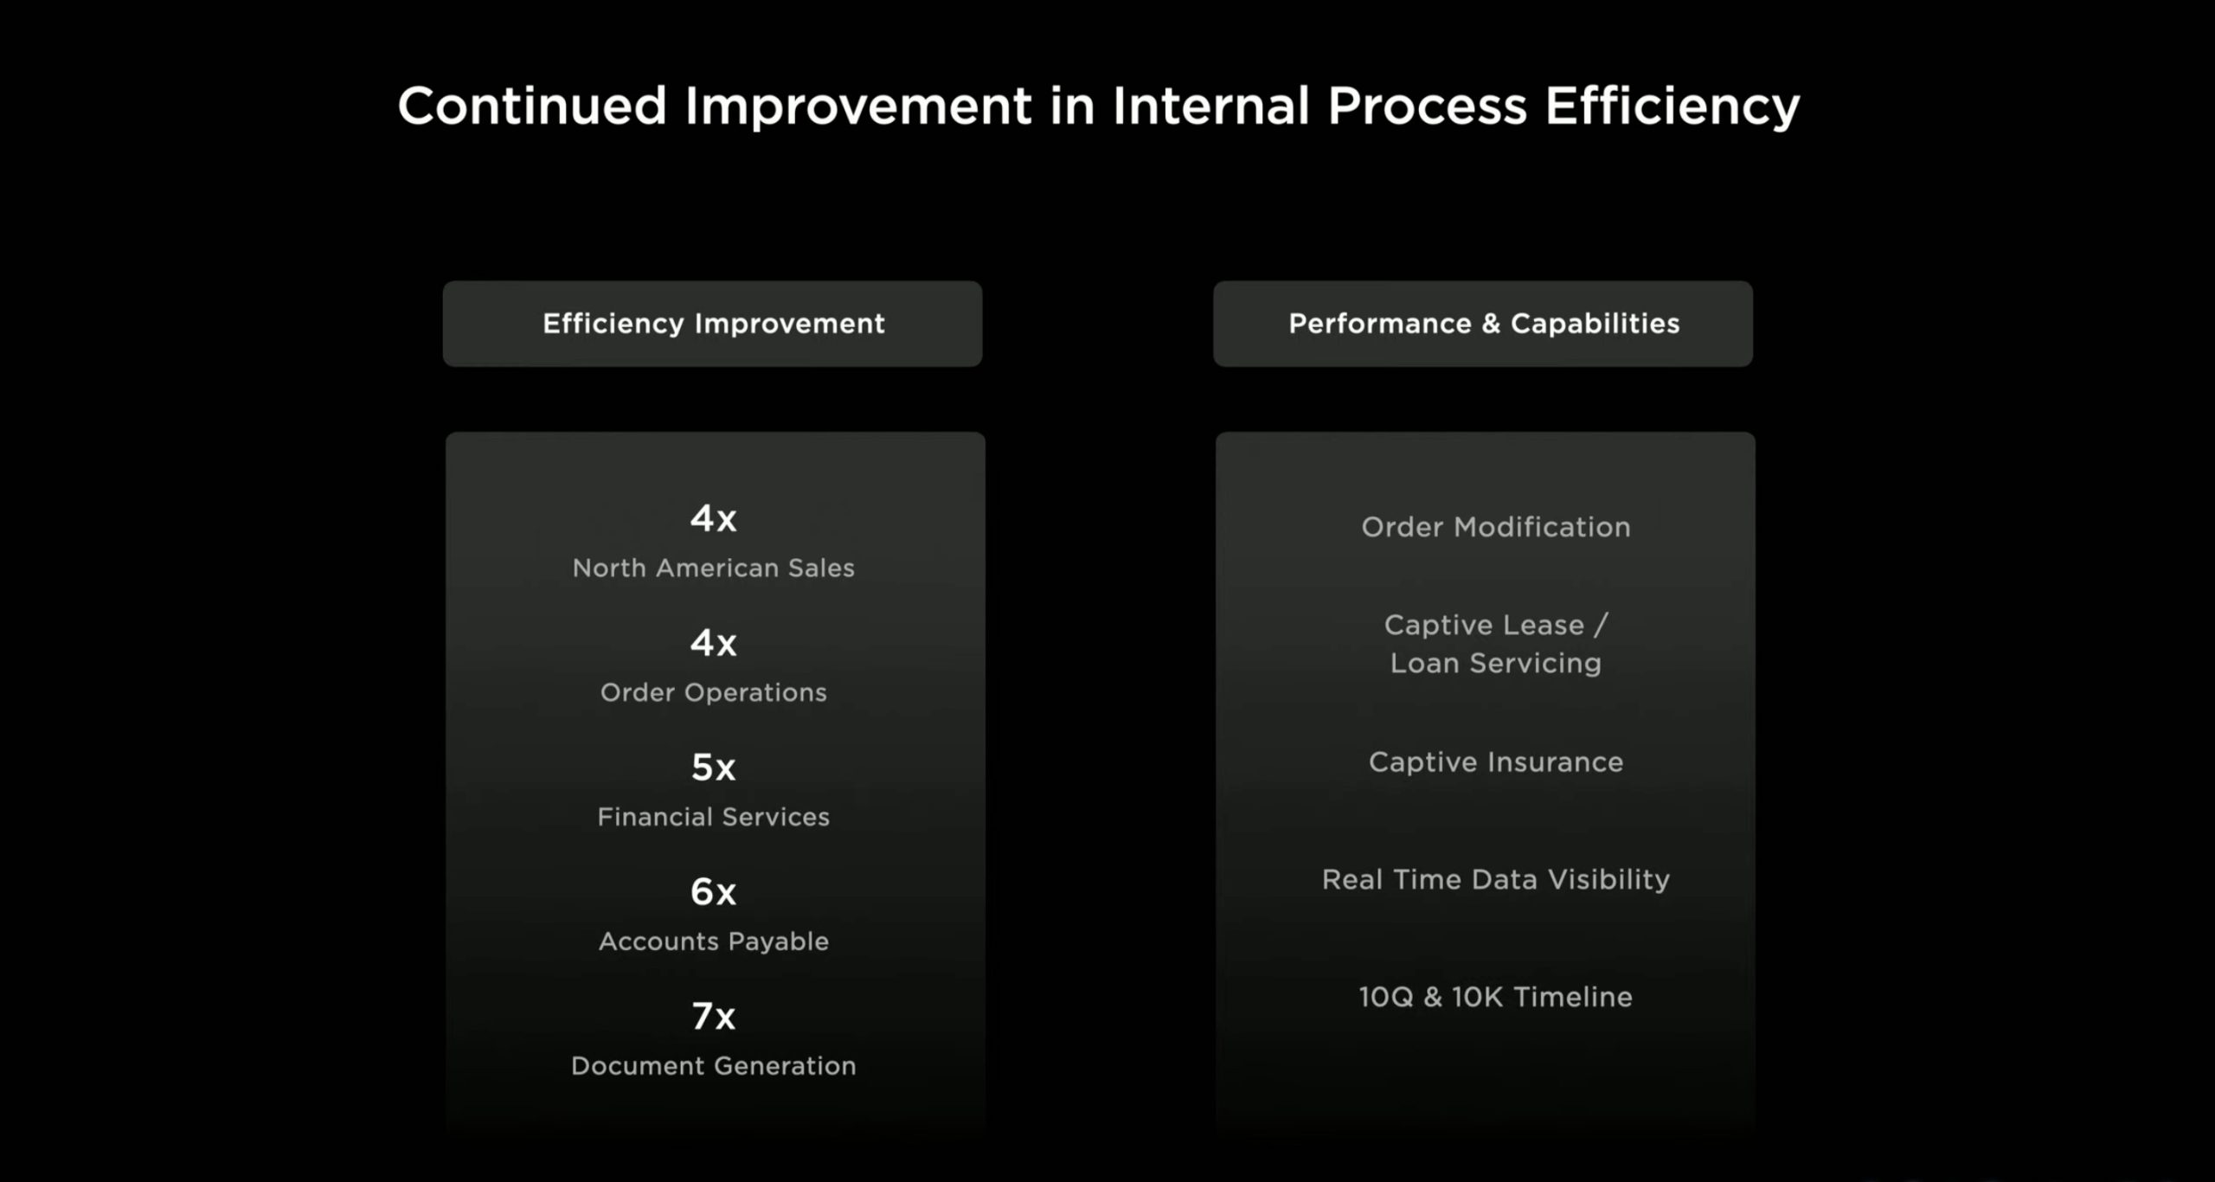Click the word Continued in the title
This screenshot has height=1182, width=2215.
coord(532,106)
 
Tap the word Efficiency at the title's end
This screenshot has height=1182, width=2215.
coord(1672,107)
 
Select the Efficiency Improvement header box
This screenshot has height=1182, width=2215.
coord(712,324)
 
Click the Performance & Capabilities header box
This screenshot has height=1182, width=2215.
coord(1483,324)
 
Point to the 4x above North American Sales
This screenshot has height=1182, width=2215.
coord(713,518)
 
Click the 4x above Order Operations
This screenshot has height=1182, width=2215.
coord(713,643)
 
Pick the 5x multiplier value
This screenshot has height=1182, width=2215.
coord(713,768)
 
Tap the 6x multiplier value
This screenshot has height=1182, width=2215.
coord(713,892)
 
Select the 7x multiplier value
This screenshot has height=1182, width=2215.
coord(713,1017)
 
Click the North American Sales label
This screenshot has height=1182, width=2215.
coord(713,568)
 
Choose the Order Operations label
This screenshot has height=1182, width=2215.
coord(713,692)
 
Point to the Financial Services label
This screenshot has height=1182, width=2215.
coord(713,817)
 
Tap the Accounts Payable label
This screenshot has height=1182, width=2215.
coord(713,941)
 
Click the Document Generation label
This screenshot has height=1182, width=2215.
coord(713,1065)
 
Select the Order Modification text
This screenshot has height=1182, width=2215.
coord(1495,527)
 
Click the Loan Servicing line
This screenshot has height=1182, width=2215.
coord(1495,664)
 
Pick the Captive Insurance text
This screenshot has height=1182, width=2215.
coord(1495,762)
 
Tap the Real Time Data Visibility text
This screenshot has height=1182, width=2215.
coord(1495,880)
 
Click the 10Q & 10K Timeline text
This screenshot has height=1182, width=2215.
coord(1495,997)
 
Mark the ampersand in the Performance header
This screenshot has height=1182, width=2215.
coord(1490,324)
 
